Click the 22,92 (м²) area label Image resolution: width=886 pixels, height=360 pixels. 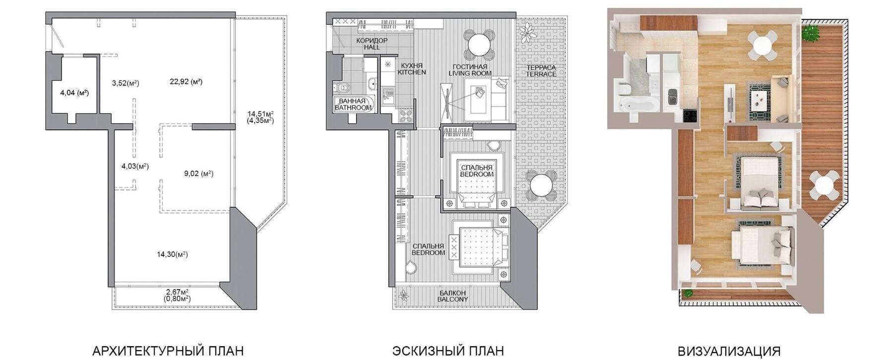coord(186,82)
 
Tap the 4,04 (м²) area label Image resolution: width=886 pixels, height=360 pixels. coord(74,93)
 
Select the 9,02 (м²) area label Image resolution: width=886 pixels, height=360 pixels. coord(198,174)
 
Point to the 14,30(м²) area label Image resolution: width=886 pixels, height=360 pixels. coord(173,254)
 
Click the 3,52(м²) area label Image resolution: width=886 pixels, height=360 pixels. coord(126,83)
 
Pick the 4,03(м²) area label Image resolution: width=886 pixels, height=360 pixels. coord(135,166)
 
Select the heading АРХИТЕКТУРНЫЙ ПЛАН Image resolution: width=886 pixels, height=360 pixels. coord(168,352)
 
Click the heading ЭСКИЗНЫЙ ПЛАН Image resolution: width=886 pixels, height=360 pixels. coord(448,352)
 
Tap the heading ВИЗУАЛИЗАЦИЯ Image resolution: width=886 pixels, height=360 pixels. coord(729,352)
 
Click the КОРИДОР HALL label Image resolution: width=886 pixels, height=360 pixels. coord(372,44)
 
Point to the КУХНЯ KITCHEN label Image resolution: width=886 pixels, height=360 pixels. coord(412,68)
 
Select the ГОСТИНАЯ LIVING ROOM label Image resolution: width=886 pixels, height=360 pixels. coord(470,70)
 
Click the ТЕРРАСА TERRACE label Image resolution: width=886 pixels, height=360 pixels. coord(541,70)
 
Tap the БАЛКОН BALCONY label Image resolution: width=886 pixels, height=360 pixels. coord(452,296)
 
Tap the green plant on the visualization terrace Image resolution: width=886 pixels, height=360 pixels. coord(811,33)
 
